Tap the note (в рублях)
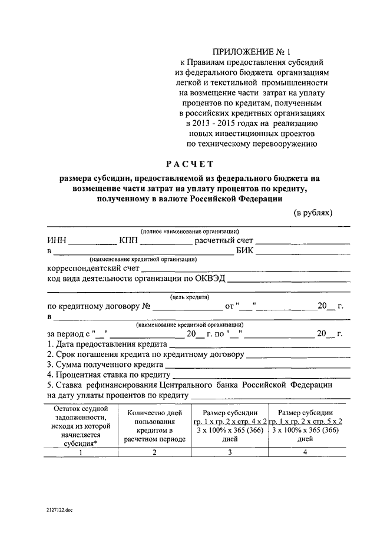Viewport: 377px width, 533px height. [313, 212]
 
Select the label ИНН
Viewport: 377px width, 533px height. [57, 240]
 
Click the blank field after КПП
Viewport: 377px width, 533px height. [165, 241]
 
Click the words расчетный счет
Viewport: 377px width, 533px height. [223, 240]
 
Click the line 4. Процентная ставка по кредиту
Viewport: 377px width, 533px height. [108, 375]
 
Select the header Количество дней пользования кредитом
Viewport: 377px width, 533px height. [154, 426]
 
